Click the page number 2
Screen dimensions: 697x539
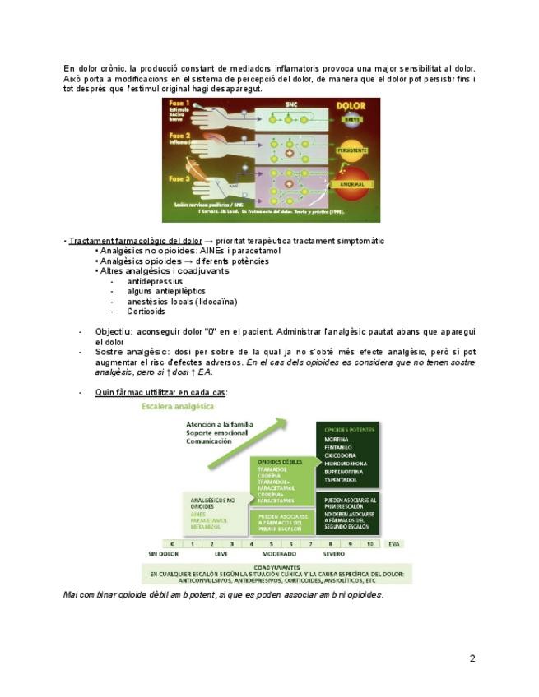click(472, 658)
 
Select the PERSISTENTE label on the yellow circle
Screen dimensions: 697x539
click(352, 151)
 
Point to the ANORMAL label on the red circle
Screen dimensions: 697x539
click(352, 184)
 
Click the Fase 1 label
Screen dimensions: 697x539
click(179, 104)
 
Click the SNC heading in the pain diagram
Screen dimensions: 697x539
click(290, 105)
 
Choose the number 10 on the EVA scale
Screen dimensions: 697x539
click(369, 544)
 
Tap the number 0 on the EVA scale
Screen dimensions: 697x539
click(171, 544)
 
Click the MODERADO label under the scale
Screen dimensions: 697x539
click(279, 555)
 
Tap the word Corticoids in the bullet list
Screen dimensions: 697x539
click(146, 312)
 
